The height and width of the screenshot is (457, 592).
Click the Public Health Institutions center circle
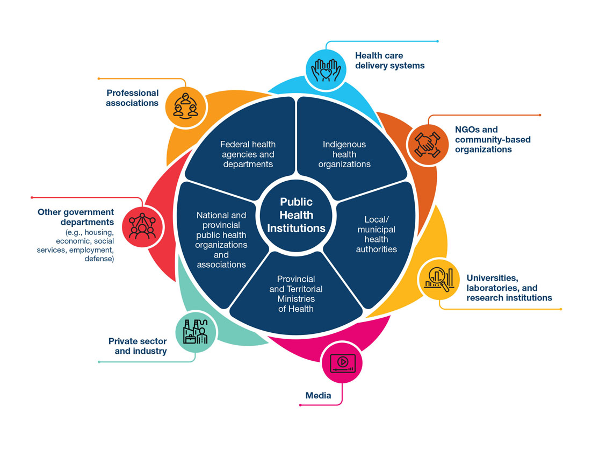(x=296, y=215)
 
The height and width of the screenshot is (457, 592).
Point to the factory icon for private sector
(x=196, y=332)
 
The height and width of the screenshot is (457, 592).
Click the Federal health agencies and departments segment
(x=248, y=154)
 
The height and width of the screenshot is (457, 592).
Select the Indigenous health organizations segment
(x=344, y=154)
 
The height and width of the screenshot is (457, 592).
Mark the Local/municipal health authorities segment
(x=376, y=234)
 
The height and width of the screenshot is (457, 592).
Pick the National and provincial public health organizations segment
(x=221, y=239)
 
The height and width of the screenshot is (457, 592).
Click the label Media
(x=318, y=396)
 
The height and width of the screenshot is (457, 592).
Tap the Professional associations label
(x=132, y=98)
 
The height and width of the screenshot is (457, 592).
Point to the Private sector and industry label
(x=138, y=346)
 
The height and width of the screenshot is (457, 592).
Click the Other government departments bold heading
(x=76, y=217)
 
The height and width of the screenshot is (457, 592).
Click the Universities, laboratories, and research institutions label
(x=509, y=288)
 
